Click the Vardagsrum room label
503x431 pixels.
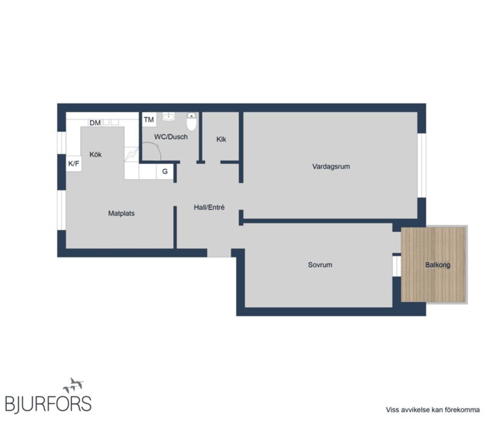(x=331, y=167)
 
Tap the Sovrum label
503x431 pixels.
(x=320, y=265)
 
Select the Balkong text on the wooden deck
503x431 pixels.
(x=437, y=265)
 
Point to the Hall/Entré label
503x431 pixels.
(x=209, y=207)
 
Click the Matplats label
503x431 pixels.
(x=121, y=213)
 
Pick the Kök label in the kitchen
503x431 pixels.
(x=95, y=154)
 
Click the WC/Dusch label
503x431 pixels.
(x=170, y=137)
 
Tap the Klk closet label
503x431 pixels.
(x=221, y=139)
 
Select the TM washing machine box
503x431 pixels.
(x=149, y=120)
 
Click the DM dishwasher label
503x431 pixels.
(x=95, y=123)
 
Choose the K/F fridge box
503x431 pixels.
(x=74, y=163)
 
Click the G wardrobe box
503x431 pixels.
(x=165, y=171)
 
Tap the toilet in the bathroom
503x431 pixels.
(x=192, y=122)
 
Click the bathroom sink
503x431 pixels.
(x=169, y=117)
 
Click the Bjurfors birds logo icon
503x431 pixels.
(x=73, y=385)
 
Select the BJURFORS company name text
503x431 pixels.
(x=48, y=404)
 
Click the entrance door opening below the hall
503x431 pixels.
(x=219, y=253)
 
